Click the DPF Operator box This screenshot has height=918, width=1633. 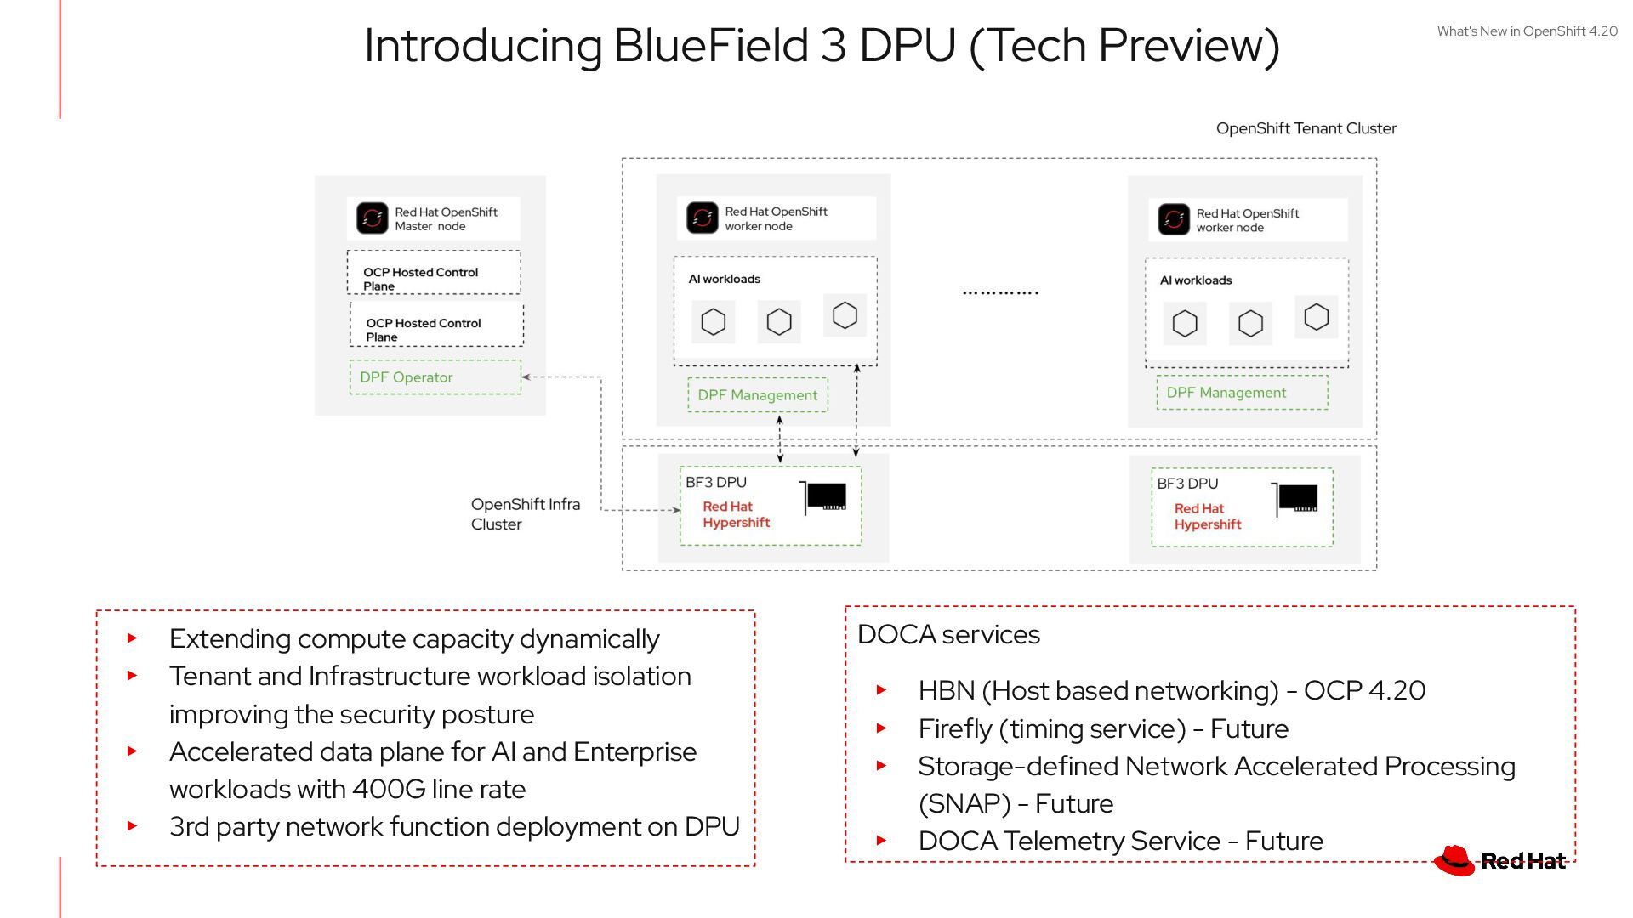(435, 377)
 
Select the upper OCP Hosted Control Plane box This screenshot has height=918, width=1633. (434, 272)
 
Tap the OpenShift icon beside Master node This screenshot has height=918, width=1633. (372, 218)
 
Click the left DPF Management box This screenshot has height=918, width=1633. (758, 395)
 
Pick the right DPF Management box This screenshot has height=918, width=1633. (1242, 393)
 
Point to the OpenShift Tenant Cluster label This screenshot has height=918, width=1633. (1306, 128)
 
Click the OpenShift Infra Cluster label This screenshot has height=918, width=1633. (526, 514)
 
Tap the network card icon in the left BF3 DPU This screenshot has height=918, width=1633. (824, 498)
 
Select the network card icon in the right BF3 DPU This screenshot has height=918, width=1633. (1295, 500)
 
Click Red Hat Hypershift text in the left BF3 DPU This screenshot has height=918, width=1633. (736, 514)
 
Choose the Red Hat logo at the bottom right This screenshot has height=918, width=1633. (1499, 860)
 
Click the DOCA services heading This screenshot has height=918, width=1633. (948, 635)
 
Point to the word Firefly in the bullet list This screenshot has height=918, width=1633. (955, 729)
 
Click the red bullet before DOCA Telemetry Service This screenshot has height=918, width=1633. (882, 841)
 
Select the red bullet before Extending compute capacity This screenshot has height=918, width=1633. (132, 637)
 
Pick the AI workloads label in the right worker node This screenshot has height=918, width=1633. (1196, 280)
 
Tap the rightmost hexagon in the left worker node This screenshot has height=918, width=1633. (845, 315)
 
